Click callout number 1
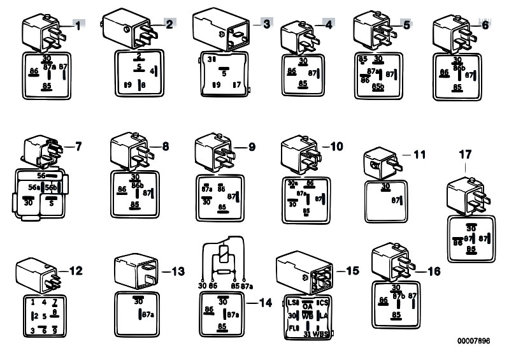tap(78, 26)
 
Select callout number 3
tap(267, 24)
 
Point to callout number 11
tap(419, 154)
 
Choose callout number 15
tap(351, 271)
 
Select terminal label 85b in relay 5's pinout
tap(378, 85)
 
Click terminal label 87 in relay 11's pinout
tap(396, 200)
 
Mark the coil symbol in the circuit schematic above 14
tap(222, 258)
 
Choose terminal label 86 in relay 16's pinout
tap(384, 299)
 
